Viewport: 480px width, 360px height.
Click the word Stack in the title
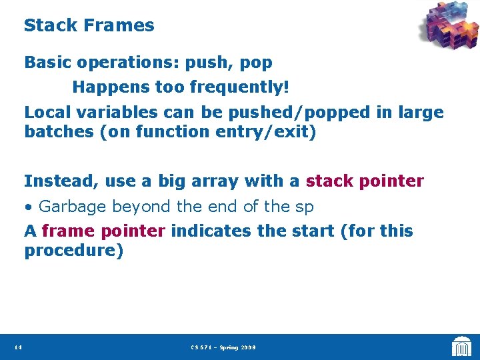coord(51,26)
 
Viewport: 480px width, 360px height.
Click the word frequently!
coord(239,87)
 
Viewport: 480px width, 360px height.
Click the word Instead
coord(56,181)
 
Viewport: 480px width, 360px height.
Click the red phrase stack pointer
coord(365,181)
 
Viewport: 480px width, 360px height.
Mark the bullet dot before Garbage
coord(29,207)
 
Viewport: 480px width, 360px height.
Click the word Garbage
coord(72,207)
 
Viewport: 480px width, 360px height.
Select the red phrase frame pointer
coord(103,231)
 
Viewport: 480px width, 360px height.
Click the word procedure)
coord(74,251)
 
